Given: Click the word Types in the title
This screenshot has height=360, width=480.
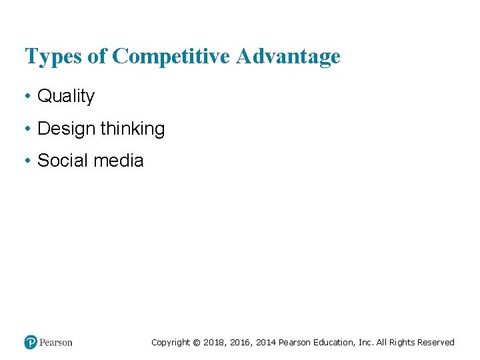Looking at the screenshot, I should pyautogui.click(x=54, y=57).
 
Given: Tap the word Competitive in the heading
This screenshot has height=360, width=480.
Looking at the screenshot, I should pyautogui.click(x=173, y=56).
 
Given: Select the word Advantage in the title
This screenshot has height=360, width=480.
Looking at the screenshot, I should pyautogui.click(x=287, y=56).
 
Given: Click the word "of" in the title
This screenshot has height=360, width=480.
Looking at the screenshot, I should pyautogui.click(x=97, y=56).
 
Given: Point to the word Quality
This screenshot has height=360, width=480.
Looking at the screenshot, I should pyautogui.click(x=66, y=97).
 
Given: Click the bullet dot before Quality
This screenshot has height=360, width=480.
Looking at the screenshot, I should pyautogui.click(x=28, y=97).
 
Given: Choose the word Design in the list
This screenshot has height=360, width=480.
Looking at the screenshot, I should pyautogui.click(x=67, y=129).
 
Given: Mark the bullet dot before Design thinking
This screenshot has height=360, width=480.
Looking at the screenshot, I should pyautogui.click(x=28, y=129).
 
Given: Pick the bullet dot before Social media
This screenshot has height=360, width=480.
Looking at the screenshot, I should pyautogui.click(x=28, y=161).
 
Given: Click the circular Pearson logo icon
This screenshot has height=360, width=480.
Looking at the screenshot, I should pyautogui.click(x=31, y=343).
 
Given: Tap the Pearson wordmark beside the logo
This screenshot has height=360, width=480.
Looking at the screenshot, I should pyautogui.click(x=56, y=343).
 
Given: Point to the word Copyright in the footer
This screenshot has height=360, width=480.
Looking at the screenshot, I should pyautogui.click(x=171, y=343).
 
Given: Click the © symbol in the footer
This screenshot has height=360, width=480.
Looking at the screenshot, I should pyautogui.click(x=197, y=343).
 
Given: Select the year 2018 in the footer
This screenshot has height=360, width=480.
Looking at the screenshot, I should pyautogui.click(x=214, y=343).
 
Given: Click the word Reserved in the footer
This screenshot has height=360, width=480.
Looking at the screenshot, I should pyautogui.click(x=437, y=343).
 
